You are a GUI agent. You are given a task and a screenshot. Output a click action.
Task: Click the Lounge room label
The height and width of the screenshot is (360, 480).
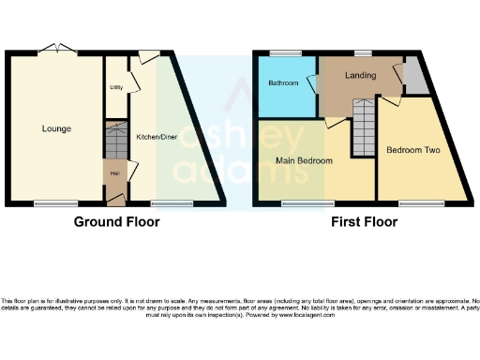tap(55, 128)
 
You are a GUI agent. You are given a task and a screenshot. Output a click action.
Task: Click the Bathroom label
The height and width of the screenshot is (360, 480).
tap(283, 82)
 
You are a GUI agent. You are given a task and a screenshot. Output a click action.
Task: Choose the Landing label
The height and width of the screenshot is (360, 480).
tap(360, 75)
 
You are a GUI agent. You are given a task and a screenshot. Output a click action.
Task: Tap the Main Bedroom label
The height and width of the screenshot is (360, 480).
tap(304, 160)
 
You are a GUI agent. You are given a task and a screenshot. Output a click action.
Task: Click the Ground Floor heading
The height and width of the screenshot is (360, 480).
tap(117, 222)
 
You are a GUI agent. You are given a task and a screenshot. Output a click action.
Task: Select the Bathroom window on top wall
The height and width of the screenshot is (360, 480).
tap(280, 52)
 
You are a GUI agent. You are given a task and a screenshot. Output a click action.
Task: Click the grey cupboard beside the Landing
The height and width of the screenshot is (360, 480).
tap(413, 81)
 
